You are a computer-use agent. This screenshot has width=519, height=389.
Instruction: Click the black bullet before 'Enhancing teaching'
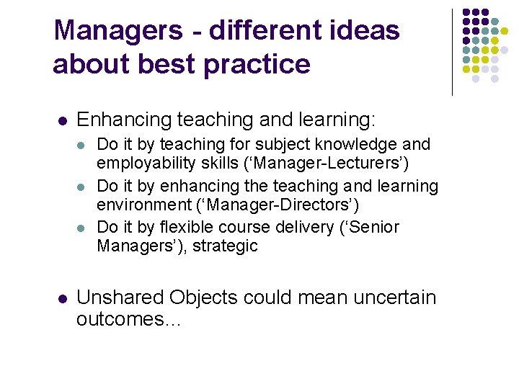62,120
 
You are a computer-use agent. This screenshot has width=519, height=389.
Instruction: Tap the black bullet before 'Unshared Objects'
62,298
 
